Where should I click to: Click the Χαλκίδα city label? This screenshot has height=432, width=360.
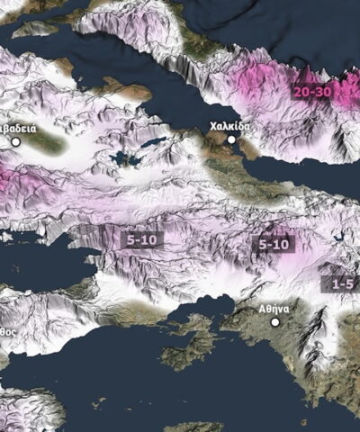pos(229,126)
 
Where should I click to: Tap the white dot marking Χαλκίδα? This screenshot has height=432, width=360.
pos(231,139)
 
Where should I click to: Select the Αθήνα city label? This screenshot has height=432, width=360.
pos(274,308)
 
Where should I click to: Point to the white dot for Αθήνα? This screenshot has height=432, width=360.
pos(275,321)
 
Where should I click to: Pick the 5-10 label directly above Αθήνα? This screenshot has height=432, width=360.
pos(274,244)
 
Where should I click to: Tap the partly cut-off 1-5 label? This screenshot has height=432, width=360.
pos(343,283)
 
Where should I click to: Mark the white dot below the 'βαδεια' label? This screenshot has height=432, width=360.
pos(15,141)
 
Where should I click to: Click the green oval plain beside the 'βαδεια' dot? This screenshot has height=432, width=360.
pos(45,140)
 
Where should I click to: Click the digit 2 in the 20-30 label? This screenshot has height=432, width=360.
pos(299,91)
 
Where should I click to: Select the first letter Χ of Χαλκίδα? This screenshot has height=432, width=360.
pos(212,126)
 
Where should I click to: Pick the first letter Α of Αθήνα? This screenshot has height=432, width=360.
pos(262,308)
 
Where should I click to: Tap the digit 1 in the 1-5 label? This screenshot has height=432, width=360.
pos(336,283)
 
